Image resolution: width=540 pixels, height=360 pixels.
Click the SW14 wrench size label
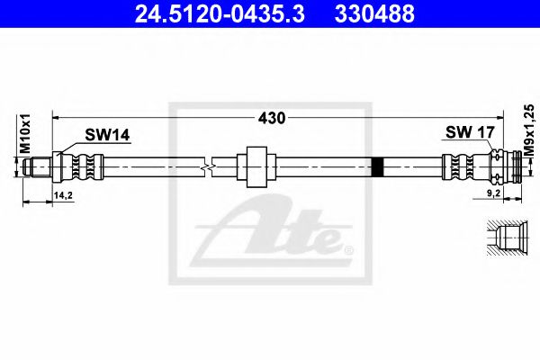107,135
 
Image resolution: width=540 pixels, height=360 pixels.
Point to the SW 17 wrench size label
470,133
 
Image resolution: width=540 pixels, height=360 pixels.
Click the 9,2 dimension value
494,192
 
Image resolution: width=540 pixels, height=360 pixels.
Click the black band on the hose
377,166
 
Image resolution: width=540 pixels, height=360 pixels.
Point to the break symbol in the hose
210,166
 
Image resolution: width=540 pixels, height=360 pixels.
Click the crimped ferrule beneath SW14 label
82,166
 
